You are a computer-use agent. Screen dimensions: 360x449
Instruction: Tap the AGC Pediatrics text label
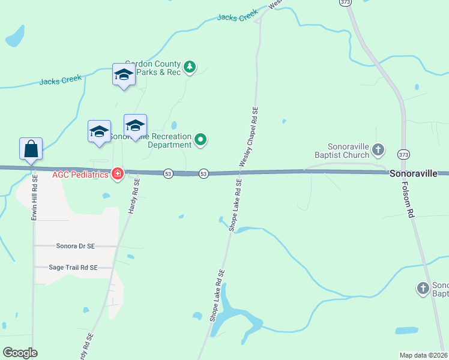[x=80, y=175]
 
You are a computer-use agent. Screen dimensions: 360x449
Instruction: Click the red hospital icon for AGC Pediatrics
[x=118, y=174]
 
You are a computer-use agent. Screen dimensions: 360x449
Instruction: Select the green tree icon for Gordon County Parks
[x=190, y=66]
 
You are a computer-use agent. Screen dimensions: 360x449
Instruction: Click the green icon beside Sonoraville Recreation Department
[x=201, y=140]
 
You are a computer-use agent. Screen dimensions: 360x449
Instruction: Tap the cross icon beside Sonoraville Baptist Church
[x=378, y=149]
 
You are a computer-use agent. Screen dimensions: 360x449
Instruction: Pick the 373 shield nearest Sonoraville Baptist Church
[x=405, y=154]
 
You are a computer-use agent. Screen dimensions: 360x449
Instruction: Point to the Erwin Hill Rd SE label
[x=35, y=198]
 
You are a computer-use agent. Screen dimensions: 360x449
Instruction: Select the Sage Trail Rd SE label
[x=73, y=268]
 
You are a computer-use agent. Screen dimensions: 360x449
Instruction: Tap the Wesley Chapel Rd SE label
[x=249, y=137]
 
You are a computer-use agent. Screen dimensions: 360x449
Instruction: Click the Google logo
[x=20, y=352]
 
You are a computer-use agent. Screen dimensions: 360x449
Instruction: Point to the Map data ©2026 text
[x=424, y=355]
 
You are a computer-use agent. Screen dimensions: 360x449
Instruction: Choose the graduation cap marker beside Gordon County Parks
[x=124, y=74]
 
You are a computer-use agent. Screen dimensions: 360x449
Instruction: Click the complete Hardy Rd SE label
[x=134, y=195]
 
